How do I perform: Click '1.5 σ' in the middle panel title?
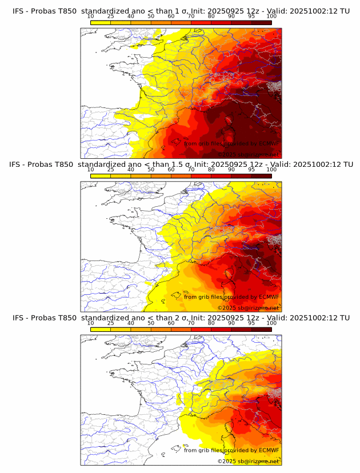pos(184,164)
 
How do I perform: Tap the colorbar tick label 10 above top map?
pos(90,17)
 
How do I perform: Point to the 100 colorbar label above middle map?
pos(271,170)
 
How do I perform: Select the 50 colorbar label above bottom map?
pos(151,323)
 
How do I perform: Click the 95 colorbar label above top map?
pos(251,17)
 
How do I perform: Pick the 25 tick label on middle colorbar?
pos(110,170)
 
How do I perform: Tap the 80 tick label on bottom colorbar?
pos(211,323)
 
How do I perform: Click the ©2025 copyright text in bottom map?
pos(227,461)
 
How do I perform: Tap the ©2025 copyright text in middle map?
pos(227,308)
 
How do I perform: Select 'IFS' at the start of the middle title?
pos(15,164)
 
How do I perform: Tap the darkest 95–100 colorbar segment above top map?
pos(262,22)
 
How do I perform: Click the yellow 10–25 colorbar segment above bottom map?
pos(101,329)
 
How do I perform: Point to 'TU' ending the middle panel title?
pos(345,164)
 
